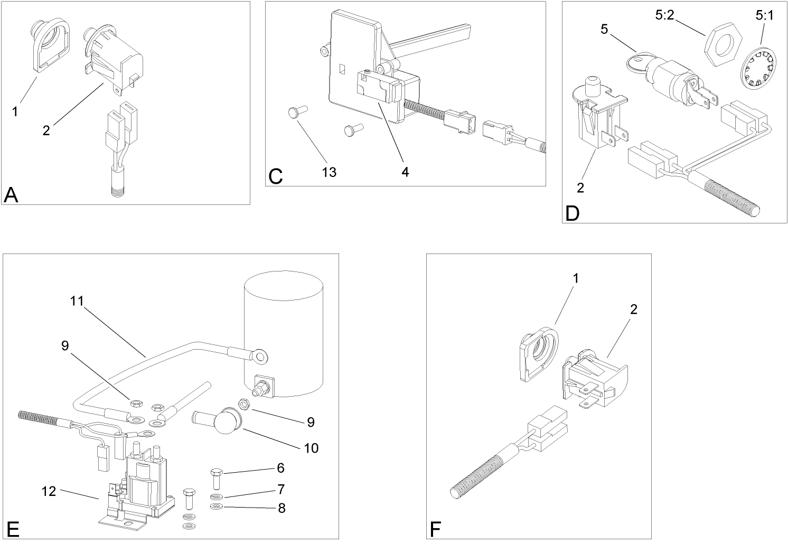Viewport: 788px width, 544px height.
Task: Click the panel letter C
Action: click(275, 176)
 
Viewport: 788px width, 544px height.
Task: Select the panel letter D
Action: click(572, 213)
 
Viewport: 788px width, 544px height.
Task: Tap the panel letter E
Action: click(12, 529)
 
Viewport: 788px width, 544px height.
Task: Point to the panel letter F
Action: click(435, 529)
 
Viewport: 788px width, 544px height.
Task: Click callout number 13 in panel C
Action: click(329, 172)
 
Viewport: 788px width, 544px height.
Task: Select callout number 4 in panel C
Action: click(405, 172)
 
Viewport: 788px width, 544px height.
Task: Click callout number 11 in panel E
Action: click(77, 301)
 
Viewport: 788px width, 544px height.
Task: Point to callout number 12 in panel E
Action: click(49, 491)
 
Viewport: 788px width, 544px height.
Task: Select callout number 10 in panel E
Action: click(311, 448)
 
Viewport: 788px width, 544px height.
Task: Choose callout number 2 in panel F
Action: click(634, 309)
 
